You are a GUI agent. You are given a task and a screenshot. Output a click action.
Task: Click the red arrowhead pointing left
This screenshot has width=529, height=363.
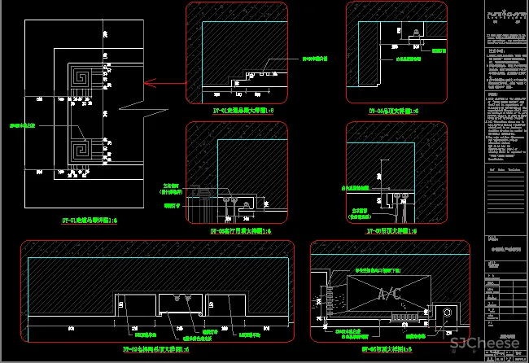pos(147,82)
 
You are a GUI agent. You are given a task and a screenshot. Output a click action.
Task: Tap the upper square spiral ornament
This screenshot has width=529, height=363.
pos(81,78)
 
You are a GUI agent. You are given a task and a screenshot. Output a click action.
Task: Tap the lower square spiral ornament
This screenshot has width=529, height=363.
pos(81,151)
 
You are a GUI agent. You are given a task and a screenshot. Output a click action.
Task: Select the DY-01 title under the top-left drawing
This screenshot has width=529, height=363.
pos(90,220)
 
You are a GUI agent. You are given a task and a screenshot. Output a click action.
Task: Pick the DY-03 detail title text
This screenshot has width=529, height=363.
pos(240,231)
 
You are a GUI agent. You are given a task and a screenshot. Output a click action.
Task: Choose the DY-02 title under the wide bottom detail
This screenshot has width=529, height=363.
pos(155,349)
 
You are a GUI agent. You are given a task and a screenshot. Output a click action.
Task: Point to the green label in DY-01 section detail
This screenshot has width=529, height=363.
pos(314,59)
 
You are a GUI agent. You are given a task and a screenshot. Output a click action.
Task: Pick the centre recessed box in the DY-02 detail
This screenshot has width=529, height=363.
pos(180,304)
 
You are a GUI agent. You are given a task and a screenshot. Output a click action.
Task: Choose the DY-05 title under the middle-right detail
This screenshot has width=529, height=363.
pos(393,231)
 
